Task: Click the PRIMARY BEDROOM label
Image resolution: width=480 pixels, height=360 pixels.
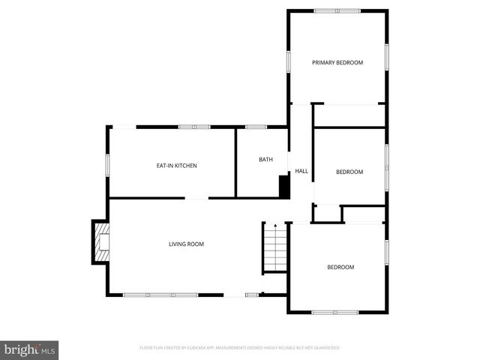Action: click(337, 62)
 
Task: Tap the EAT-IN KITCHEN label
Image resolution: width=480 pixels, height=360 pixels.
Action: click(176, 166)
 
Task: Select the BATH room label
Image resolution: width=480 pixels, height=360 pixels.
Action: click(265, 159)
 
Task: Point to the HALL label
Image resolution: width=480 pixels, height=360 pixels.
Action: click(301, 171)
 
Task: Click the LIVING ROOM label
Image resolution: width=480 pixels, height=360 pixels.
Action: click(186, 244)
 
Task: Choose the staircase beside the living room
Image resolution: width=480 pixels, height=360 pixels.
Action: click(275, 249)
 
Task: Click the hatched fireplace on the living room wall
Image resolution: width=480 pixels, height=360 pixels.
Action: click(100, 241)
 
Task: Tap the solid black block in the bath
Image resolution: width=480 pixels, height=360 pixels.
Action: click(284, 187)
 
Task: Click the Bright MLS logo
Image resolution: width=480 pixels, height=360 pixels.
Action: click(30, 350)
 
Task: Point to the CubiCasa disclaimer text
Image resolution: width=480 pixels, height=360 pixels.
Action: click(240, 348)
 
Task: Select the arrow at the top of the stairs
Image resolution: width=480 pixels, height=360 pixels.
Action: click(275, 225)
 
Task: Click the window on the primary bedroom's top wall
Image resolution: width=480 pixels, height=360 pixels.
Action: click(337, 10)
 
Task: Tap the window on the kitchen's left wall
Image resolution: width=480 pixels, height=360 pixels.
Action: click(108, 165)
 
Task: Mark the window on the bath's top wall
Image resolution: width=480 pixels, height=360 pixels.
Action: click(256, 127)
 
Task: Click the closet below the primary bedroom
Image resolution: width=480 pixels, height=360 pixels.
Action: click(349, 115)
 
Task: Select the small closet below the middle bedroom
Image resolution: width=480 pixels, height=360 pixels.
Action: click(327, 213)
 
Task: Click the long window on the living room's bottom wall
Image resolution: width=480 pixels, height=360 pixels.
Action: click(160, 295)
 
